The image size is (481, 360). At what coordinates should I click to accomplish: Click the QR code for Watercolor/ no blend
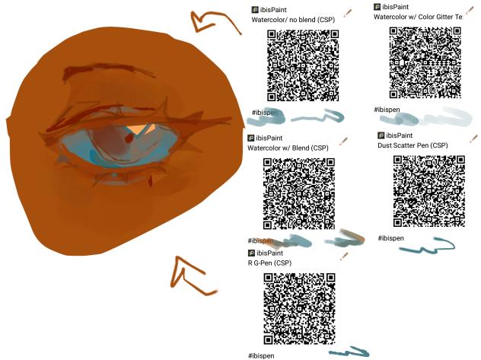(303, 65)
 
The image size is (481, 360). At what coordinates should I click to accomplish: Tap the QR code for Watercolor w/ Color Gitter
(425, 62)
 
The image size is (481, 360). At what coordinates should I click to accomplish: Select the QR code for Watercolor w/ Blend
(299, 193)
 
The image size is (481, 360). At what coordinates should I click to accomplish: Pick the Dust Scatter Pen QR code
(429, 191)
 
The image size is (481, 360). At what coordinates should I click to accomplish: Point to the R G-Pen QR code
(299, 309)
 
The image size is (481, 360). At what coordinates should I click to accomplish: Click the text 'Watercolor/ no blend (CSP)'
(293, 20)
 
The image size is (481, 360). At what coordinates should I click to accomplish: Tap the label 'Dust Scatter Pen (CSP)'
(413, 145)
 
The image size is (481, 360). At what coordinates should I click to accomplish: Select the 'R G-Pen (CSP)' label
(269, 263)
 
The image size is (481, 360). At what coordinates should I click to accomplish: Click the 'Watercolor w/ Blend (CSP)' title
(288, 148)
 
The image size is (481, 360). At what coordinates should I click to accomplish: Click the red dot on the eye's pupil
(129, 139)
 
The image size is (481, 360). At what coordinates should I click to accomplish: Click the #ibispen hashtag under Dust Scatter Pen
(390, 238)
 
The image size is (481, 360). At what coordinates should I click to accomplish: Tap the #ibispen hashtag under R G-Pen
(261, 355)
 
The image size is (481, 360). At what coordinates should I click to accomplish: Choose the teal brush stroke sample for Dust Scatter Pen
(427, 246)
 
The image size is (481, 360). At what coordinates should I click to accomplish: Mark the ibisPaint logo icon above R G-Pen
(252, 253)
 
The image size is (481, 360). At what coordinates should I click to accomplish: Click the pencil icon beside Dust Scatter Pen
(473, 139)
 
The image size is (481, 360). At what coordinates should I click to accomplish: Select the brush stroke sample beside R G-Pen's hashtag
(349, 352)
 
